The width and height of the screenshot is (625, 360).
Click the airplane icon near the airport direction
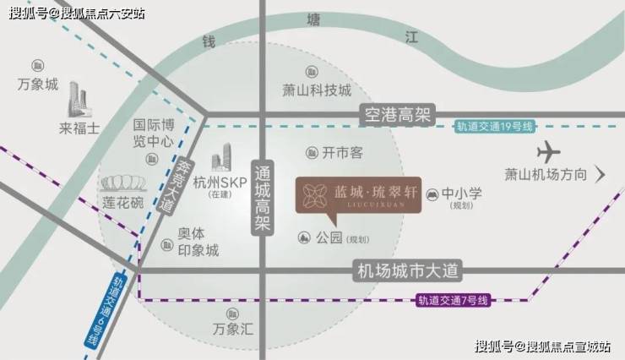[x=549, y=152]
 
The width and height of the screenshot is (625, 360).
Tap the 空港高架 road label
[x=398, y=116]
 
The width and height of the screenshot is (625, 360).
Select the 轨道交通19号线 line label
[x=494, y=127]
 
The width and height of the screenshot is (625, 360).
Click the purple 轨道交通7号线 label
[x=453, y=300]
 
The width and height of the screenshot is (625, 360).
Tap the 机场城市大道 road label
[x=407, y=271]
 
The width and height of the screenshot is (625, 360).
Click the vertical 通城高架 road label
[x=263, y=199]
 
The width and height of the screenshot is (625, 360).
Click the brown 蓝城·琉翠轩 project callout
[x=358, y=195]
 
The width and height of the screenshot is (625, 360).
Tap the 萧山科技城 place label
[x=317, y=90]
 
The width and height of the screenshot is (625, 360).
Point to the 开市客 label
[x=342, y=153]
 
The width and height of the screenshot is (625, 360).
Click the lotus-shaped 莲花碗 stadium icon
[x=123, y=183]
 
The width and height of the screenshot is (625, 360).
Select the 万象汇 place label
[x=233, y=329]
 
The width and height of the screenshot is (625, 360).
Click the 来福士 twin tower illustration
[x=78, y=100]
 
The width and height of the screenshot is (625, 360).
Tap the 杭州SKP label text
[x=220, y=183]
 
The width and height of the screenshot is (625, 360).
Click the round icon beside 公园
[x=304, y=238]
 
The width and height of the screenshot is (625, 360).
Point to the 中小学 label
[x=462, y=194]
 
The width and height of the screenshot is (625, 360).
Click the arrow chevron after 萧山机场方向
[x=601, y=174]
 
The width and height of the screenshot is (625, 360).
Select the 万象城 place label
[x=38, y=85]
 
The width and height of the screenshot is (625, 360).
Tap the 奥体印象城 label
[x=198, y=242]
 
